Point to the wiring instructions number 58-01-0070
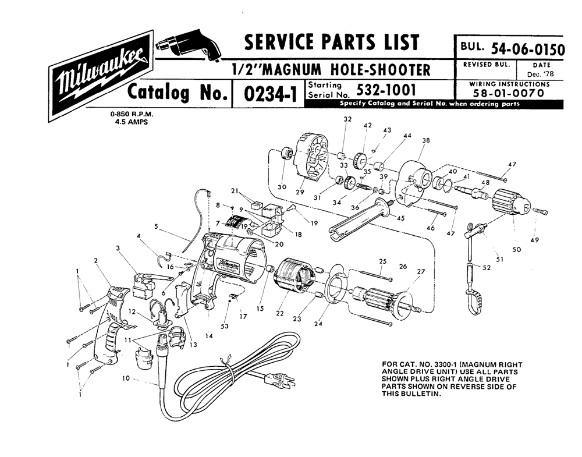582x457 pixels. pos(512,93)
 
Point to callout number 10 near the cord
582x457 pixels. pos(126,378)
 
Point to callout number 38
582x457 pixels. pos(426,140)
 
